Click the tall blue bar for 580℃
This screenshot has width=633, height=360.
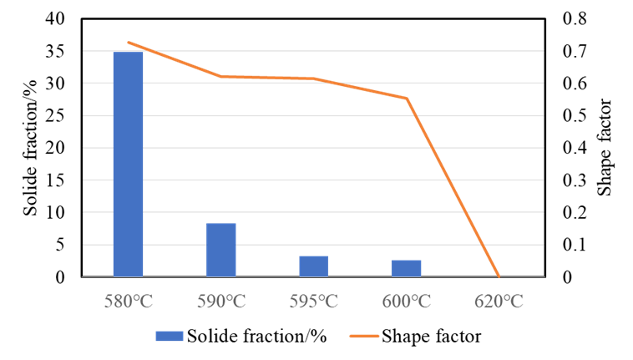click(128, 164)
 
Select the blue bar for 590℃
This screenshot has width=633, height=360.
click(221, 250)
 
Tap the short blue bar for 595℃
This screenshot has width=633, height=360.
click(314, 266)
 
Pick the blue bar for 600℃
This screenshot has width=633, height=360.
click(406, 268)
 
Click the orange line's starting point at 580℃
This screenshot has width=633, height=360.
click(128, 42)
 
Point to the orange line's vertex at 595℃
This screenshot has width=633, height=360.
click(314, 79)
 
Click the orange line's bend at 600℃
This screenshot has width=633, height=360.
click(407, 98)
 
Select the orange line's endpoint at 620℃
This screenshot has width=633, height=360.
click(499, 276)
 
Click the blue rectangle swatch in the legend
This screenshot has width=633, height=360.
click(170, 336)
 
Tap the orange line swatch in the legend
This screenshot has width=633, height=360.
click(364, 336)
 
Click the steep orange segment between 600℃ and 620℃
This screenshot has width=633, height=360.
click(453, 187)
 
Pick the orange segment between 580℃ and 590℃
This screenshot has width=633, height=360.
click(175, 59)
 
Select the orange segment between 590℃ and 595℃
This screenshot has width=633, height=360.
click(267, 77)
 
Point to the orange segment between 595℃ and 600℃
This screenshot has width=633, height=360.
click(361, 88)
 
